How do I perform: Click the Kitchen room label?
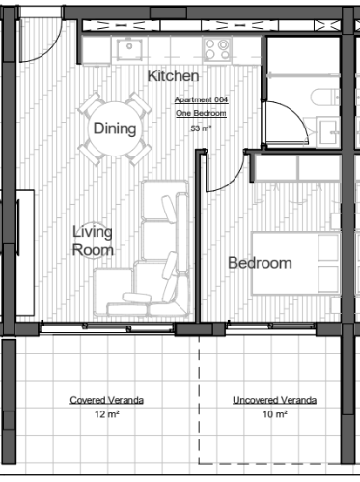(173, 76)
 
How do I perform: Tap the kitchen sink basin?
(129, 49)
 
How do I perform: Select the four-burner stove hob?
(217, 49)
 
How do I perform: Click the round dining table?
(115, 128)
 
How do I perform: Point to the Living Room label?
(93, 241)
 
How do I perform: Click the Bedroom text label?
(260, 263)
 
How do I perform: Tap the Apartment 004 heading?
(202, 99)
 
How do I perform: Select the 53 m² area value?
(201, 128)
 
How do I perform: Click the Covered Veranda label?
(107, 400)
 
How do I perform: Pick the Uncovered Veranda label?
(275, 400)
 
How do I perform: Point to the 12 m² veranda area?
(107, 414)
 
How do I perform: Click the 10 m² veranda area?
(275, 414)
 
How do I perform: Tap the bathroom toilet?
(325, 98)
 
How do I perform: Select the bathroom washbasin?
(328, 132)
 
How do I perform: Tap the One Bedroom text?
(201, 113)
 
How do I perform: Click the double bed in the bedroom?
(295, 263)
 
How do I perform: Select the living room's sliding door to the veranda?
(107, 327)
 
